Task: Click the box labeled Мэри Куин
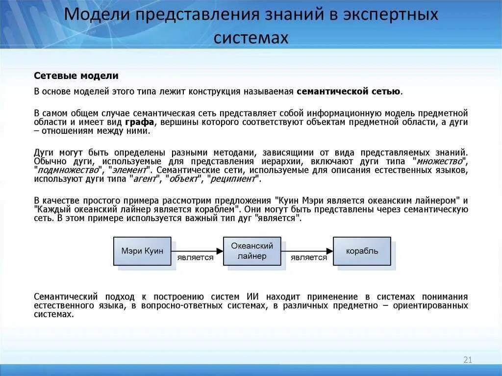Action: [x=142, y=251]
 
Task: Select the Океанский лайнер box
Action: [x=252, y=251]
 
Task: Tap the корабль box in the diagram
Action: [x=362, y=251]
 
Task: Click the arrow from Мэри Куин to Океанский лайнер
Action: [x=197, y=250]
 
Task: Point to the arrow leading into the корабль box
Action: [x=307, y=250]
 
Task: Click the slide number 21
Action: [x=467, y=360]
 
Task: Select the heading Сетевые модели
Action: [x=76, y=76]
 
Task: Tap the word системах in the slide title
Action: [x=251, y=38]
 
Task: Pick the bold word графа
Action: [x=139, y=122]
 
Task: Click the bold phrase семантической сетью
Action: [x=349, y=91]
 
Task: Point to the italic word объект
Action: [x=183, y=179]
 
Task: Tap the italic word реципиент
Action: [x=233, y=179]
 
